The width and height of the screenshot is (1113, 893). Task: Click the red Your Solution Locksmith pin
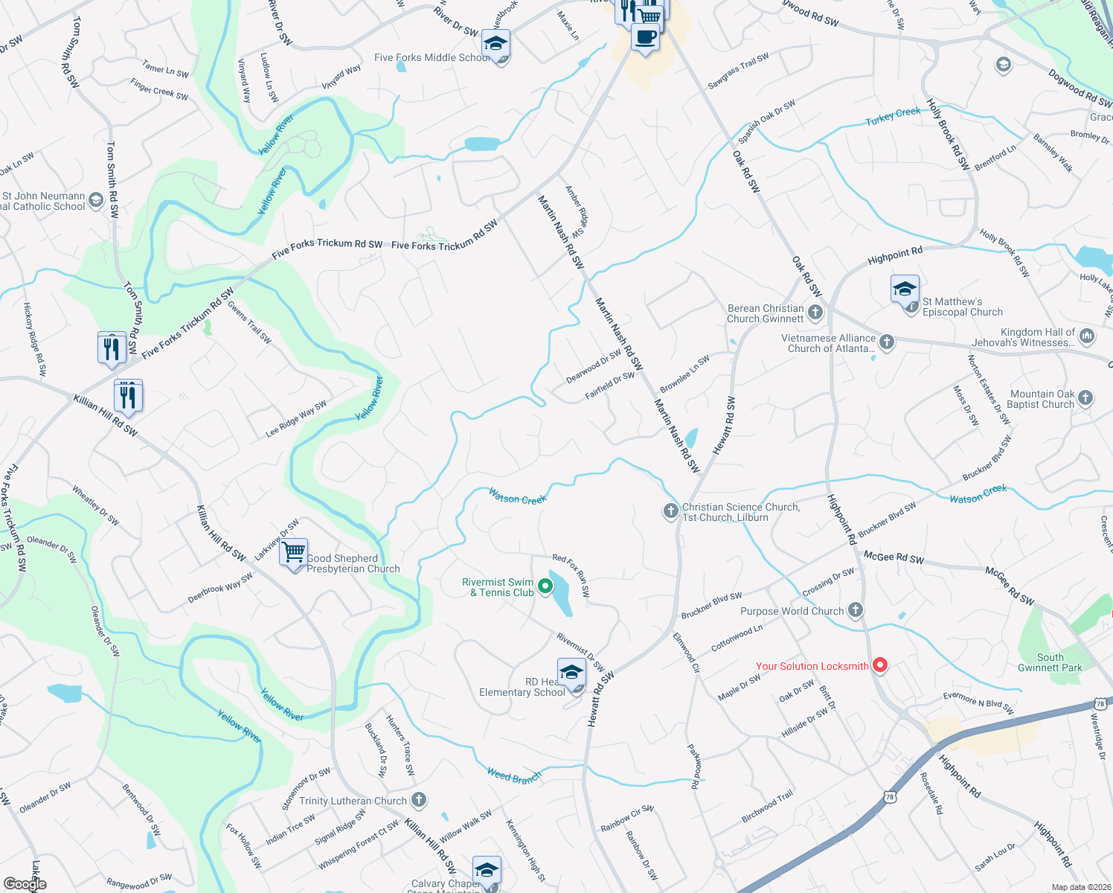point(880,665)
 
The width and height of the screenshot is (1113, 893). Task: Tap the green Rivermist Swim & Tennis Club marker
point(545,586)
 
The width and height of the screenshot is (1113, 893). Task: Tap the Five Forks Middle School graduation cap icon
point(495,45)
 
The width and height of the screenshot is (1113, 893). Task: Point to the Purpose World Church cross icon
point(856,610)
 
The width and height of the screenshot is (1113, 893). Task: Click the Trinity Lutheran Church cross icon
point(419,800)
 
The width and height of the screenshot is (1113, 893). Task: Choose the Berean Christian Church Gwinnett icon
point(815,313)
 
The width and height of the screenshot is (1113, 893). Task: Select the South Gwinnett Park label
point(1050,662)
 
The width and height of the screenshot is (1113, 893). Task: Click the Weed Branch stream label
point(514,776)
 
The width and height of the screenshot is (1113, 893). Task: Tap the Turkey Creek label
point(893,117)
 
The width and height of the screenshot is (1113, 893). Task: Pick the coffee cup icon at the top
point(645,36)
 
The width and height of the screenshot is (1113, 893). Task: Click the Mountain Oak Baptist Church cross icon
point(1085,397)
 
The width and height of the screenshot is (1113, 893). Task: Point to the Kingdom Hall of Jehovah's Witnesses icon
point(1086,336)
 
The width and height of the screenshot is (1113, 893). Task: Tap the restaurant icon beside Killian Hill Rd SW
point(128,396)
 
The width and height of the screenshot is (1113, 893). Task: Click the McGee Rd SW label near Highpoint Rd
point(894,557)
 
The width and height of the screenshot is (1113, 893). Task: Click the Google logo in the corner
point(25,884)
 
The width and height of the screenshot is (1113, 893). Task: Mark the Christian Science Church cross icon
point(670,511)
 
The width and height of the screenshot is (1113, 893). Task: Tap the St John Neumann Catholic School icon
point(96,200)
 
